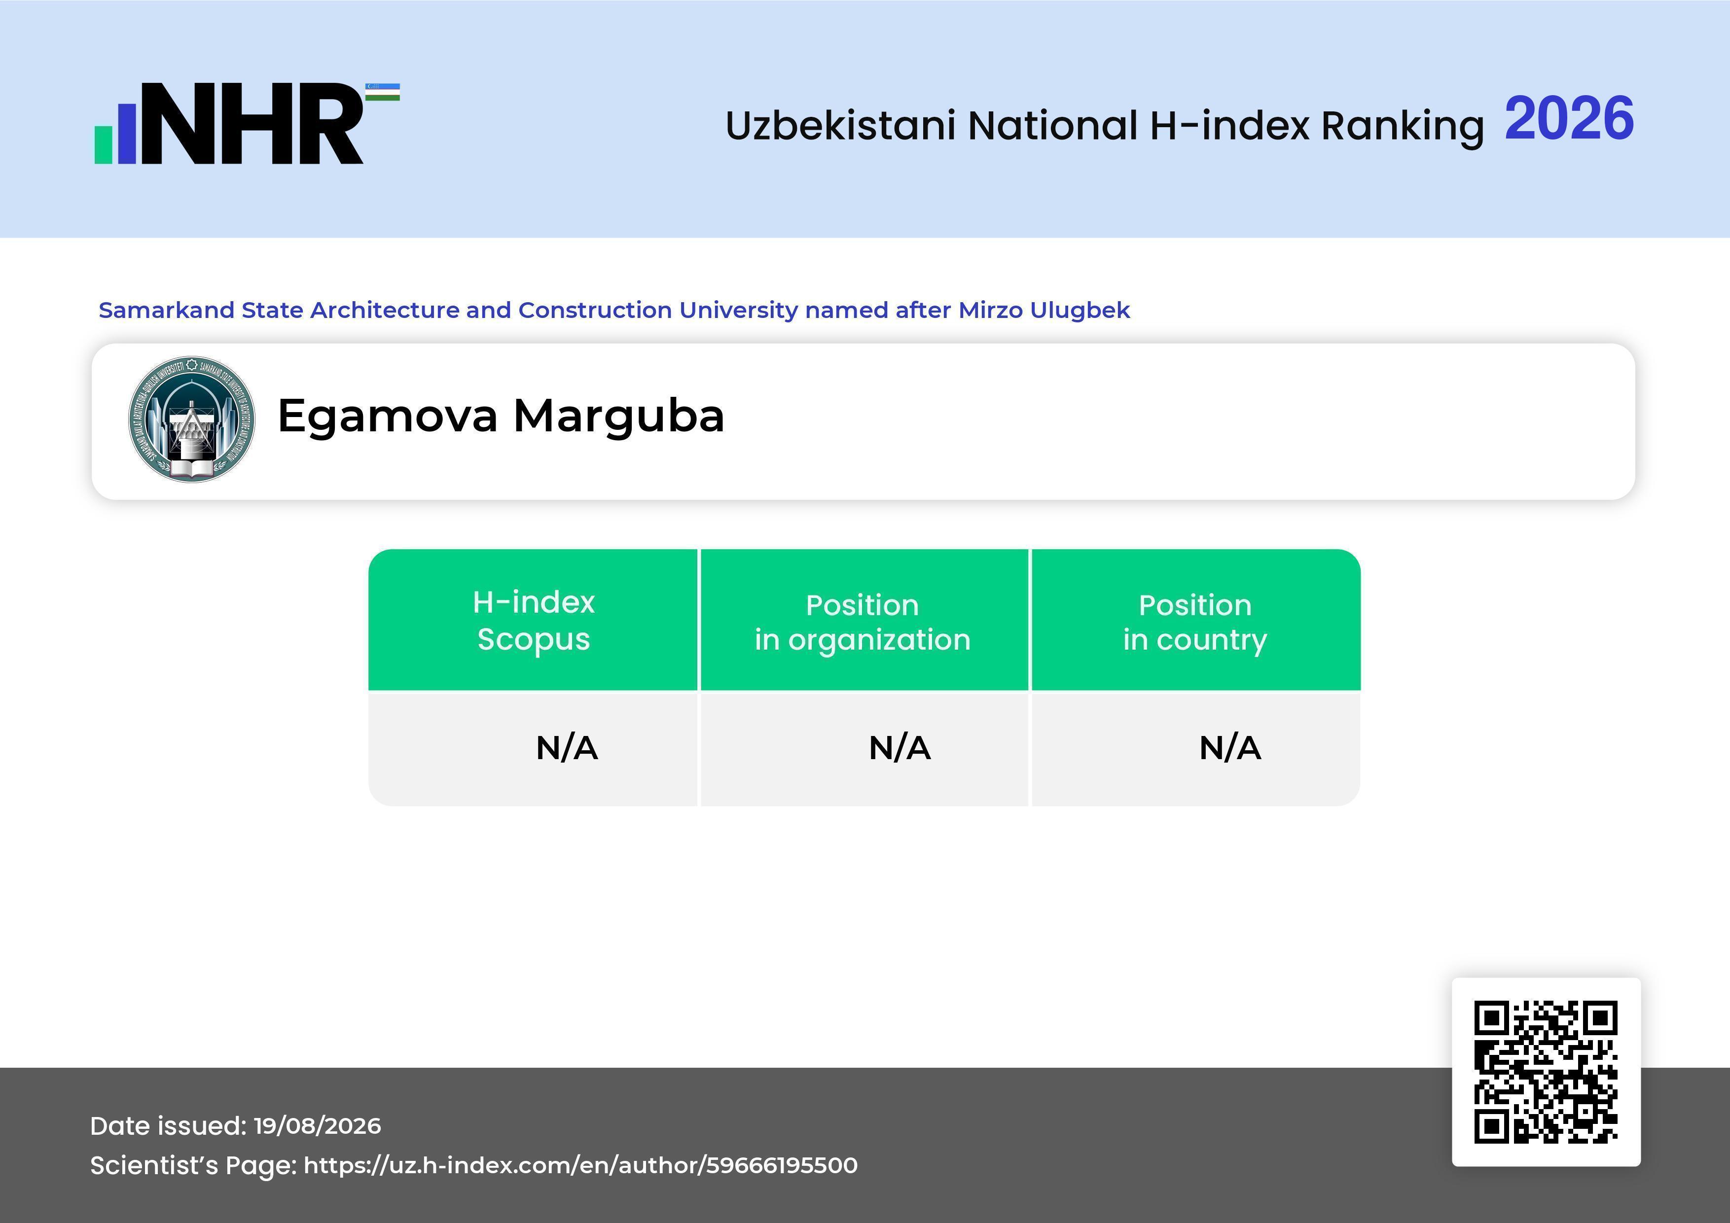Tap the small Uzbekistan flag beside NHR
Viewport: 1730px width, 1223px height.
point(383,92)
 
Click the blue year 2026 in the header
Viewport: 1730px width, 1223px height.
point(1569,119)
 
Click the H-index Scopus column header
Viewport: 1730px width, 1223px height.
point(534,621)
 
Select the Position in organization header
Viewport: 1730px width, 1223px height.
point(863,622)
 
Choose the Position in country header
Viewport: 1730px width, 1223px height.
point(1195,622)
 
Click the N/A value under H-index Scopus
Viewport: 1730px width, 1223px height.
point(567,748)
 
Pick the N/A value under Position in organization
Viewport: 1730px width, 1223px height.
point(900,748)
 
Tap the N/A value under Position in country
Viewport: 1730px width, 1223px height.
point(1229,748)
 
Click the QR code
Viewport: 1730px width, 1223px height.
point(1546,1072)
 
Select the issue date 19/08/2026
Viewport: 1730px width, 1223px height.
point(317,1126)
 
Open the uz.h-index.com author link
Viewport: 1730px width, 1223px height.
point(580,1166)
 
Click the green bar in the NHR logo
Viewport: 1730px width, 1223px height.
point(103,144)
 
